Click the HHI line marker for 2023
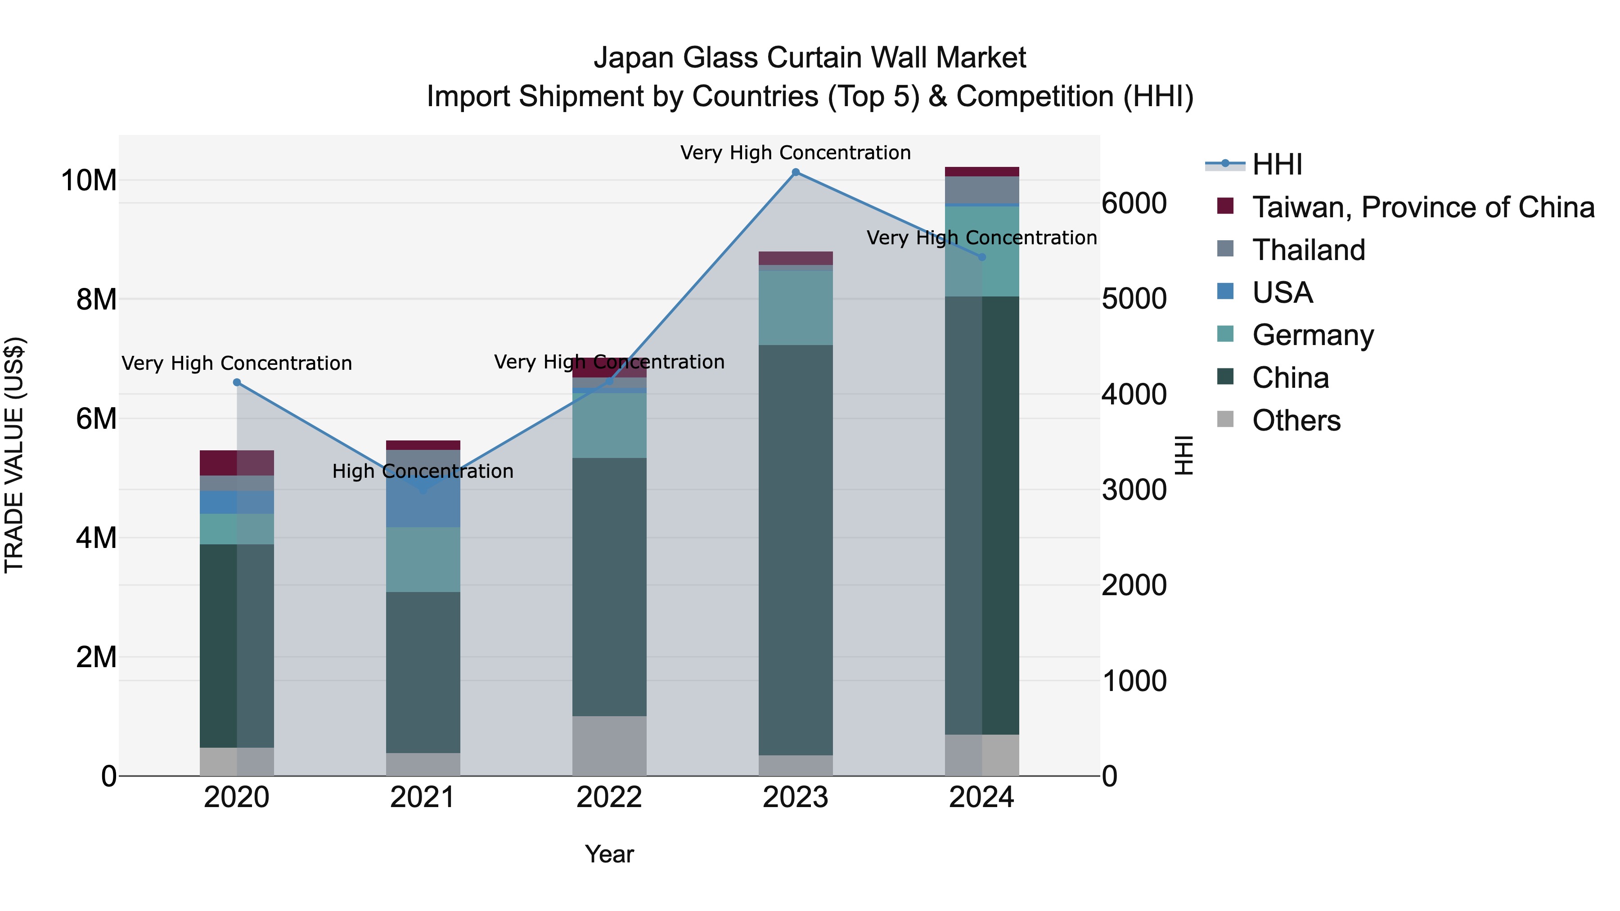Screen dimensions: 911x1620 (x=796, y=172)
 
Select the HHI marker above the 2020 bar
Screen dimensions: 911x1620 (x=237, y=382)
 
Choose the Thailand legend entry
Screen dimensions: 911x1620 (x=1308, y=250)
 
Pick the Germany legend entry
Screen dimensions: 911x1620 (x=1313, y=335)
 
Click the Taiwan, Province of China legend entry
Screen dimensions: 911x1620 (x=1422, y=207)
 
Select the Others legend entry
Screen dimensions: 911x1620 (x=1296, y=421)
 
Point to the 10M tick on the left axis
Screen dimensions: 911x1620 (x=88, y=180)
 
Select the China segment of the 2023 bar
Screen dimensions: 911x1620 (x=796, y=550)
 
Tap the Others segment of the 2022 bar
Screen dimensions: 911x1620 (x=609, y=746)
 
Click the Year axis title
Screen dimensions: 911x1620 (x=609, y=854)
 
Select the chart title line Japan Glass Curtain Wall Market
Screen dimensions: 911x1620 (x=810, y=58)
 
